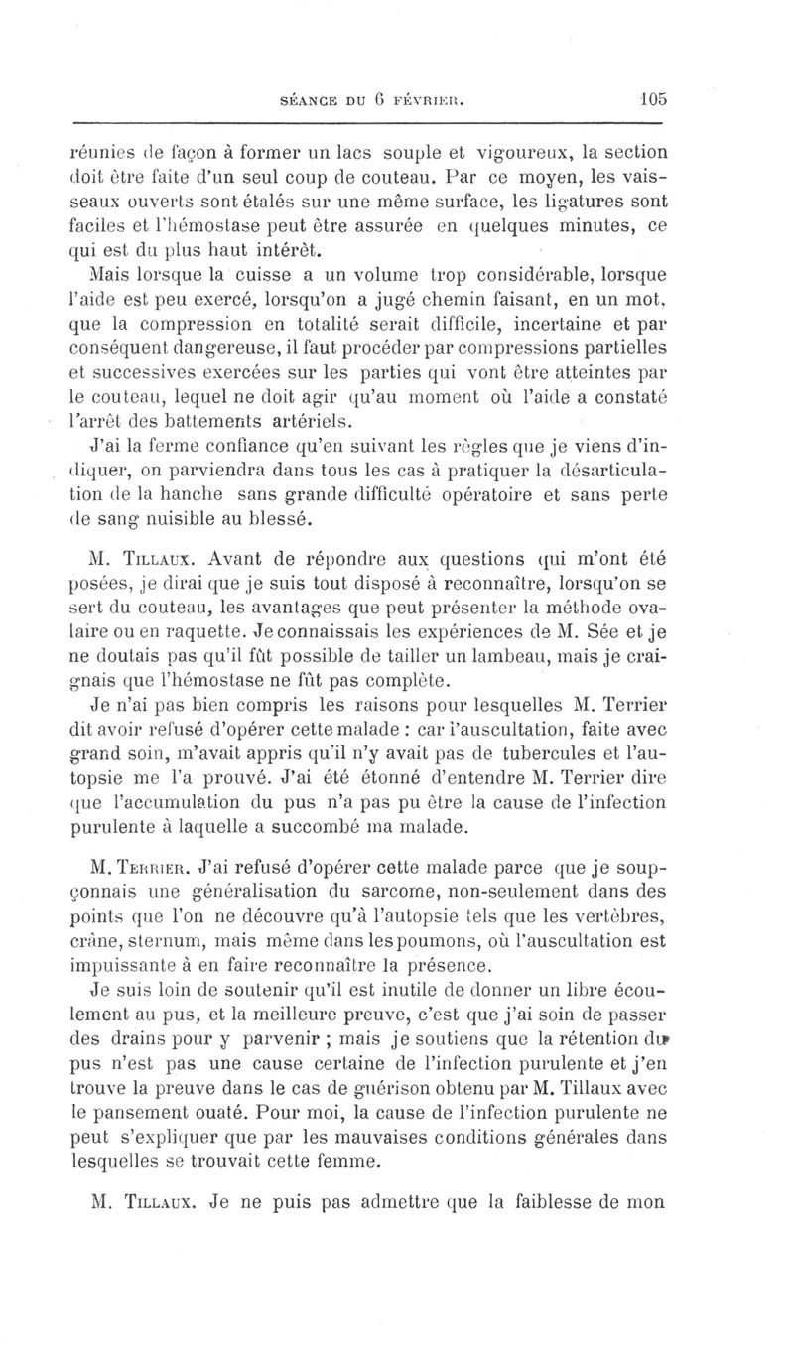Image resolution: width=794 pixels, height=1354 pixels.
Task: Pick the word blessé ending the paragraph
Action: tap(267, 518)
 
